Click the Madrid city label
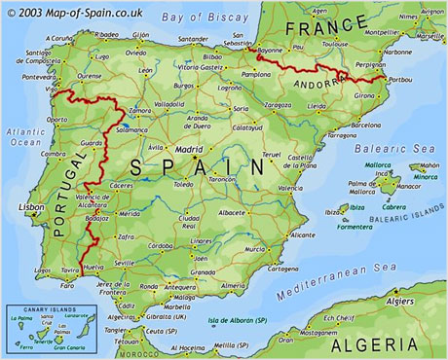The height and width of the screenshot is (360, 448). (189, 150)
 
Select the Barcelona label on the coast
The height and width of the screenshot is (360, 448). (365, 125)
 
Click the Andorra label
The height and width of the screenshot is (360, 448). (336, 83)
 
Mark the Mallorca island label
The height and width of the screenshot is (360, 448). (377, 165)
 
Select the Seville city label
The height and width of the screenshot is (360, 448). (125, 263)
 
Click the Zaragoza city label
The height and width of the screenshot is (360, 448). (278, 104)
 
